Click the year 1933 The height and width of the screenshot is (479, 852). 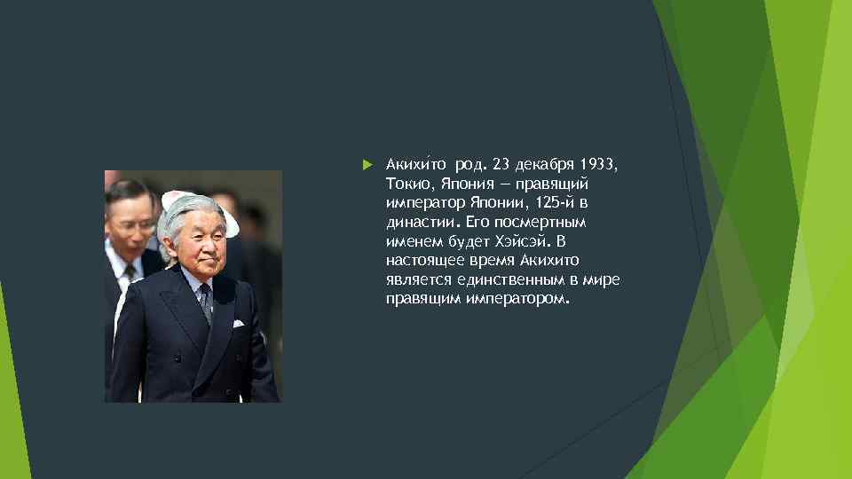point(600,164)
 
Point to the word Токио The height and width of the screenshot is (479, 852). point(406,184)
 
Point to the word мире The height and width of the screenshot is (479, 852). point(603,280)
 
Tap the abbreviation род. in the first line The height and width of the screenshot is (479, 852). point(470,164)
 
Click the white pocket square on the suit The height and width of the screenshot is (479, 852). point(238,323)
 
